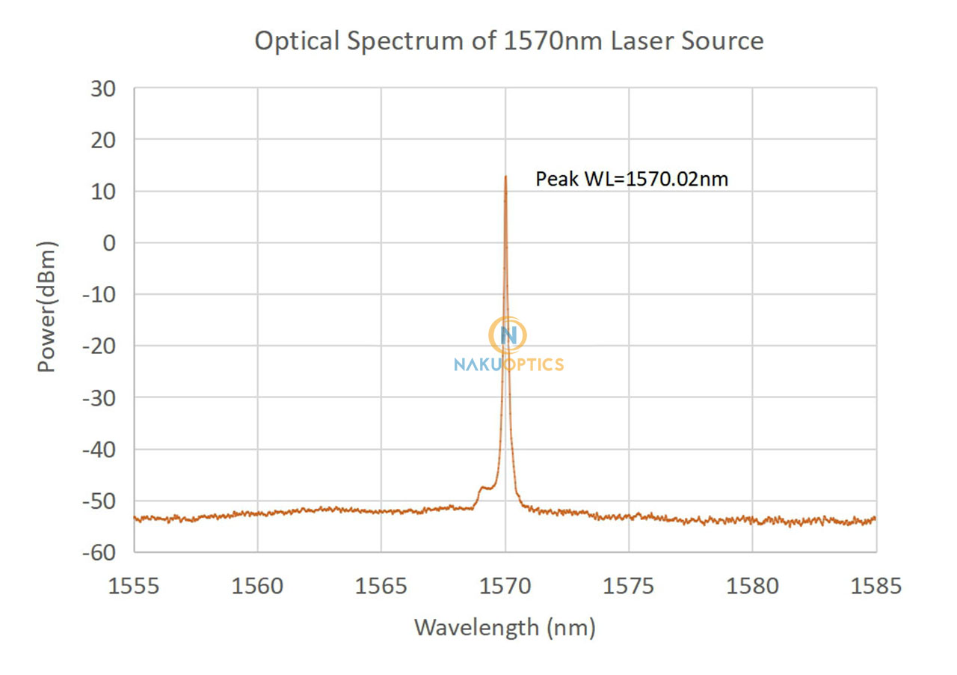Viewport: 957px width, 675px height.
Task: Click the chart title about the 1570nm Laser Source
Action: tap(509, 40)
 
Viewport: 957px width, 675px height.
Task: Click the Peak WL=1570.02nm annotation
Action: tap(632, 180)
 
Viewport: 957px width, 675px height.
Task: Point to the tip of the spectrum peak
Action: tap(505, 177)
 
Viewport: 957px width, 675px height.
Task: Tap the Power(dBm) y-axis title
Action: tap(46, 307)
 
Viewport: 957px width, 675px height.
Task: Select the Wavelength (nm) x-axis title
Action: tap(505, 627)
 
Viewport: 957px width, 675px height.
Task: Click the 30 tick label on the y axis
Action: tap(104, 88)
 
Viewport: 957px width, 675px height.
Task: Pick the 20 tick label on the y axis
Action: tap(104, 140)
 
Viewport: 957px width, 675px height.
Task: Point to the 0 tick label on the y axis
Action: tap(110, 243)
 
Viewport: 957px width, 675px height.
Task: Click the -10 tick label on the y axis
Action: tap(99, 295)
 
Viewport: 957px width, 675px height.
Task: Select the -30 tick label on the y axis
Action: tap(99, 397)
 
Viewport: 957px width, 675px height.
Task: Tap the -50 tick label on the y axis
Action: tap(99, 501)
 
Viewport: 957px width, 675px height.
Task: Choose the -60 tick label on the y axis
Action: tap(99, 552)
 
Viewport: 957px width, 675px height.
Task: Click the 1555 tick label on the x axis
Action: tap(135, 586)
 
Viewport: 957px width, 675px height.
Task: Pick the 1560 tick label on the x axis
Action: tap(257, 586)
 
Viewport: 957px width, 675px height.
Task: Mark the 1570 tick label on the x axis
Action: tap(505, 586)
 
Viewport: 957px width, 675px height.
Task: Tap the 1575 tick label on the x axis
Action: tap(629, 586)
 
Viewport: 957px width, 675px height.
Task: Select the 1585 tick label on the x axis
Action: tap(876, 586)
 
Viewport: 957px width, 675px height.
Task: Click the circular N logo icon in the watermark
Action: tap(508, 335)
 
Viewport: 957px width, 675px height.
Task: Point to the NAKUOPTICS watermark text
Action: tap(508, 365)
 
